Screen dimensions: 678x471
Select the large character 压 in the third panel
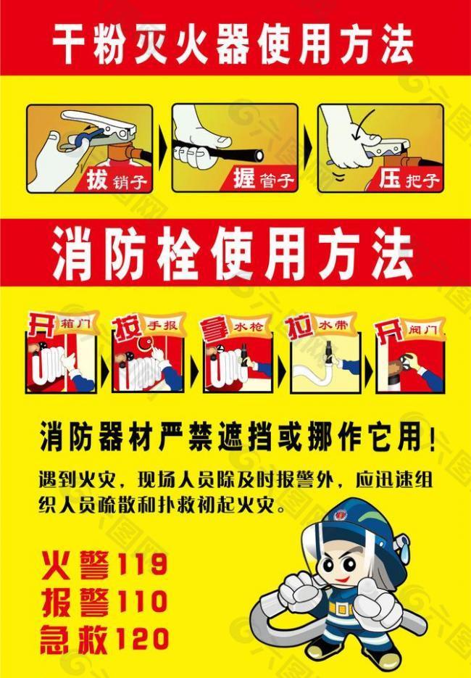pos(389,178)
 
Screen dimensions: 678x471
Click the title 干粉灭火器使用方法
pos(233,45)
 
